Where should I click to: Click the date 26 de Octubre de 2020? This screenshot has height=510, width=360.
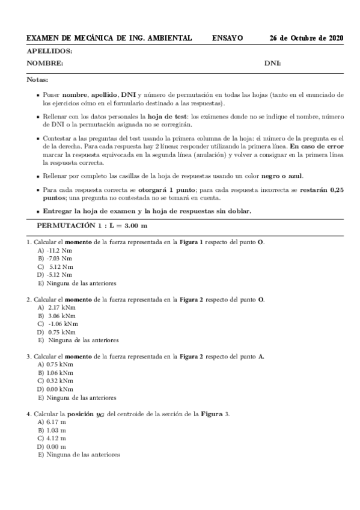point(307,38)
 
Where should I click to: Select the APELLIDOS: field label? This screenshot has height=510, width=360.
point(49,52)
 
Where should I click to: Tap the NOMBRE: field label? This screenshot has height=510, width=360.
point(45,63)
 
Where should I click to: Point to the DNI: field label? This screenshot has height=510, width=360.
point(273,63)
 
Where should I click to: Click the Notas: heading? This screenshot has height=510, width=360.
point(37,79)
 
